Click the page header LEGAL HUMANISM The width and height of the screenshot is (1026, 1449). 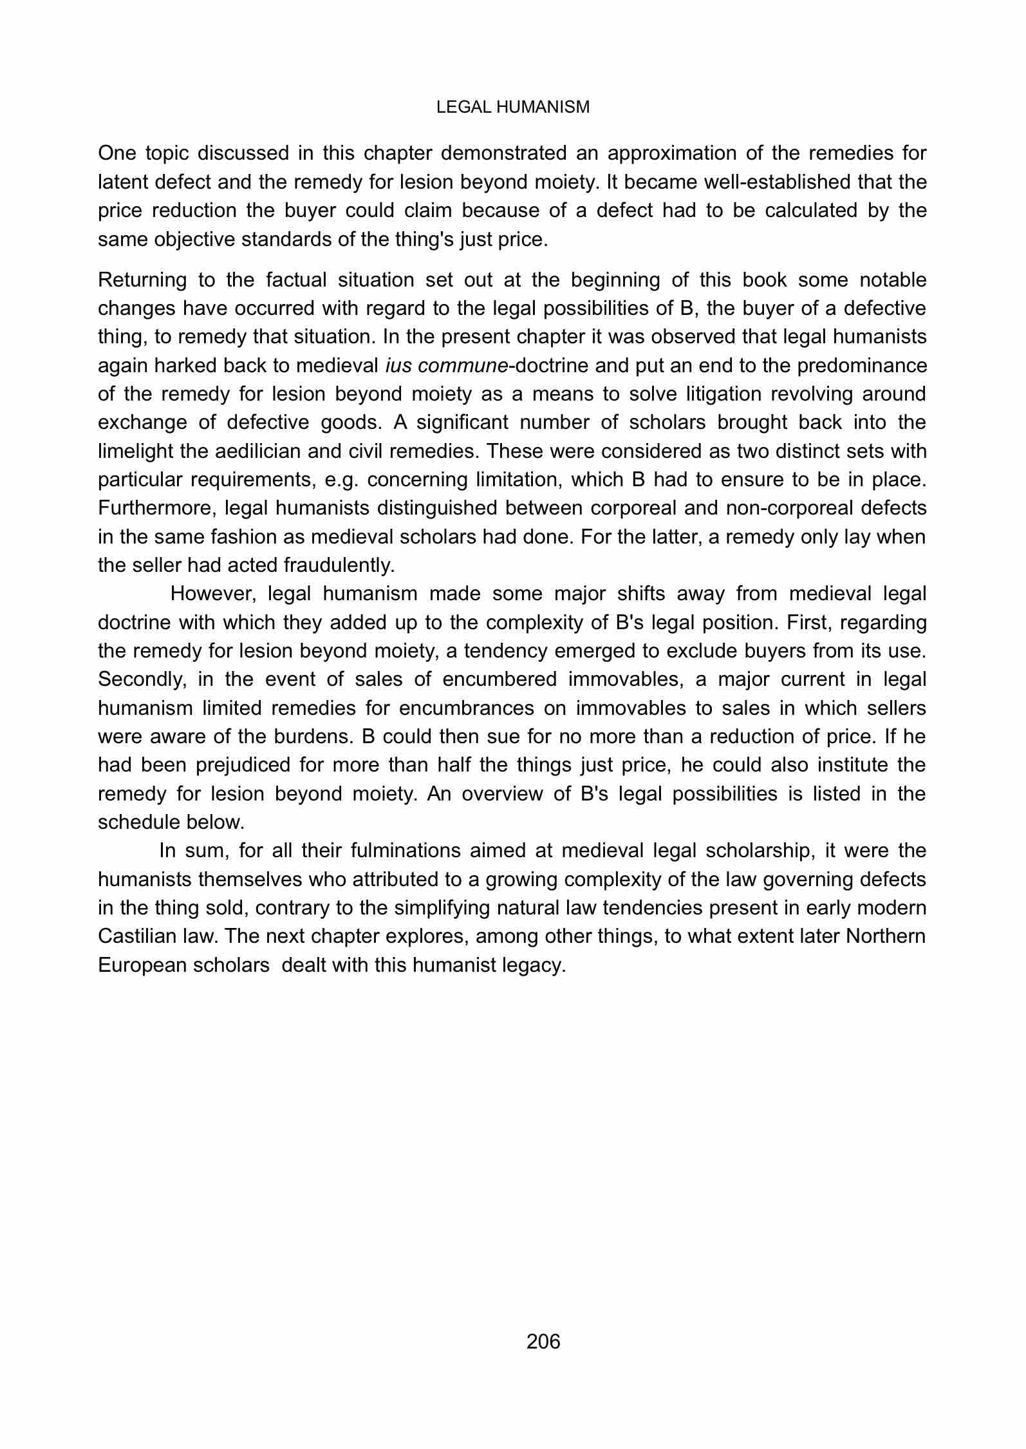512,108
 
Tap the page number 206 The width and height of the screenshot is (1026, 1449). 543,1341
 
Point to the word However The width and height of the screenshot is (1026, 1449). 213,593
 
